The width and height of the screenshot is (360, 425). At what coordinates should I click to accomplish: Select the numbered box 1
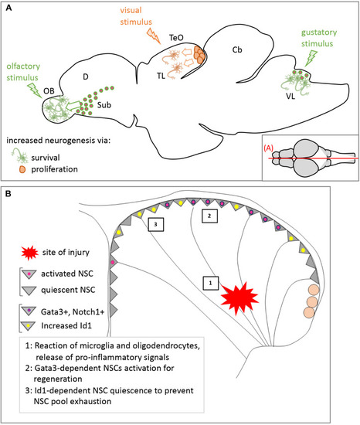click(x=211, y=284)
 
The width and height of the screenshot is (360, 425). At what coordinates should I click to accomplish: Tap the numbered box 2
click(x=209, y=216)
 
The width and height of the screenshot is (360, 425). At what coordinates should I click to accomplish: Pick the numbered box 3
click(x=156, y=224)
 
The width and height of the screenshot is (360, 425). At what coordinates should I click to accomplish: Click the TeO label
click(x=176, y=37)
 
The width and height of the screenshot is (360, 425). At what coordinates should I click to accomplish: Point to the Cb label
click(x=237, y=49)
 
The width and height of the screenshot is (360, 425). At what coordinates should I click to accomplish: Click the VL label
click(x=290, y=97)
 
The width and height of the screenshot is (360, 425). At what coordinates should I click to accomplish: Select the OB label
click(x=49, y=91)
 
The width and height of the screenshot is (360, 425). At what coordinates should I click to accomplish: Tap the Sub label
click(x=104, y=105)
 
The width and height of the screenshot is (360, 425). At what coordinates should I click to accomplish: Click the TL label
click(x=161, y=76)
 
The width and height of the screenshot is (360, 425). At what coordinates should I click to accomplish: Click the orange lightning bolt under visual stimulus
click(x=154, y=36)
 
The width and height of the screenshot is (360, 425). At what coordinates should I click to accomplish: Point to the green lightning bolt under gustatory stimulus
click(x=311, y=58)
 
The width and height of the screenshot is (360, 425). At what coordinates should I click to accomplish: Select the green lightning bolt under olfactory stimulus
click(x=35, y=90)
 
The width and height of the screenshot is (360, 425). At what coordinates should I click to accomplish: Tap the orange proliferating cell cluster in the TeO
click(x=199, y=55)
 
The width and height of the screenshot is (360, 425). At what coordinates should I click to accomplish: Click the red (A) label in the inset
click(x=268, y=148)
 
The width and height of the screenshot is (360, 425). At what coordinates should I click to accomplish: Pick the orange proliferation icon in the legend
click(x=22, y=170)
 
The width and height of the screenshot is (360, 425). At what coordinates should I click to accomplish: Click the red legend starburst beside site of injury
click(x=29, y=253)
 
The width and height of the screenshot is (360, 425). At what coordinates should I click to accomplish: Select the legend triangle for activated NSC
click(x=29, y=274)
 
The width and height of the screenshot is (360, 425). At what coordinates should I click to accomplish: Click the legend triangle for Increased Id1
click(x=29, y=326)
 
